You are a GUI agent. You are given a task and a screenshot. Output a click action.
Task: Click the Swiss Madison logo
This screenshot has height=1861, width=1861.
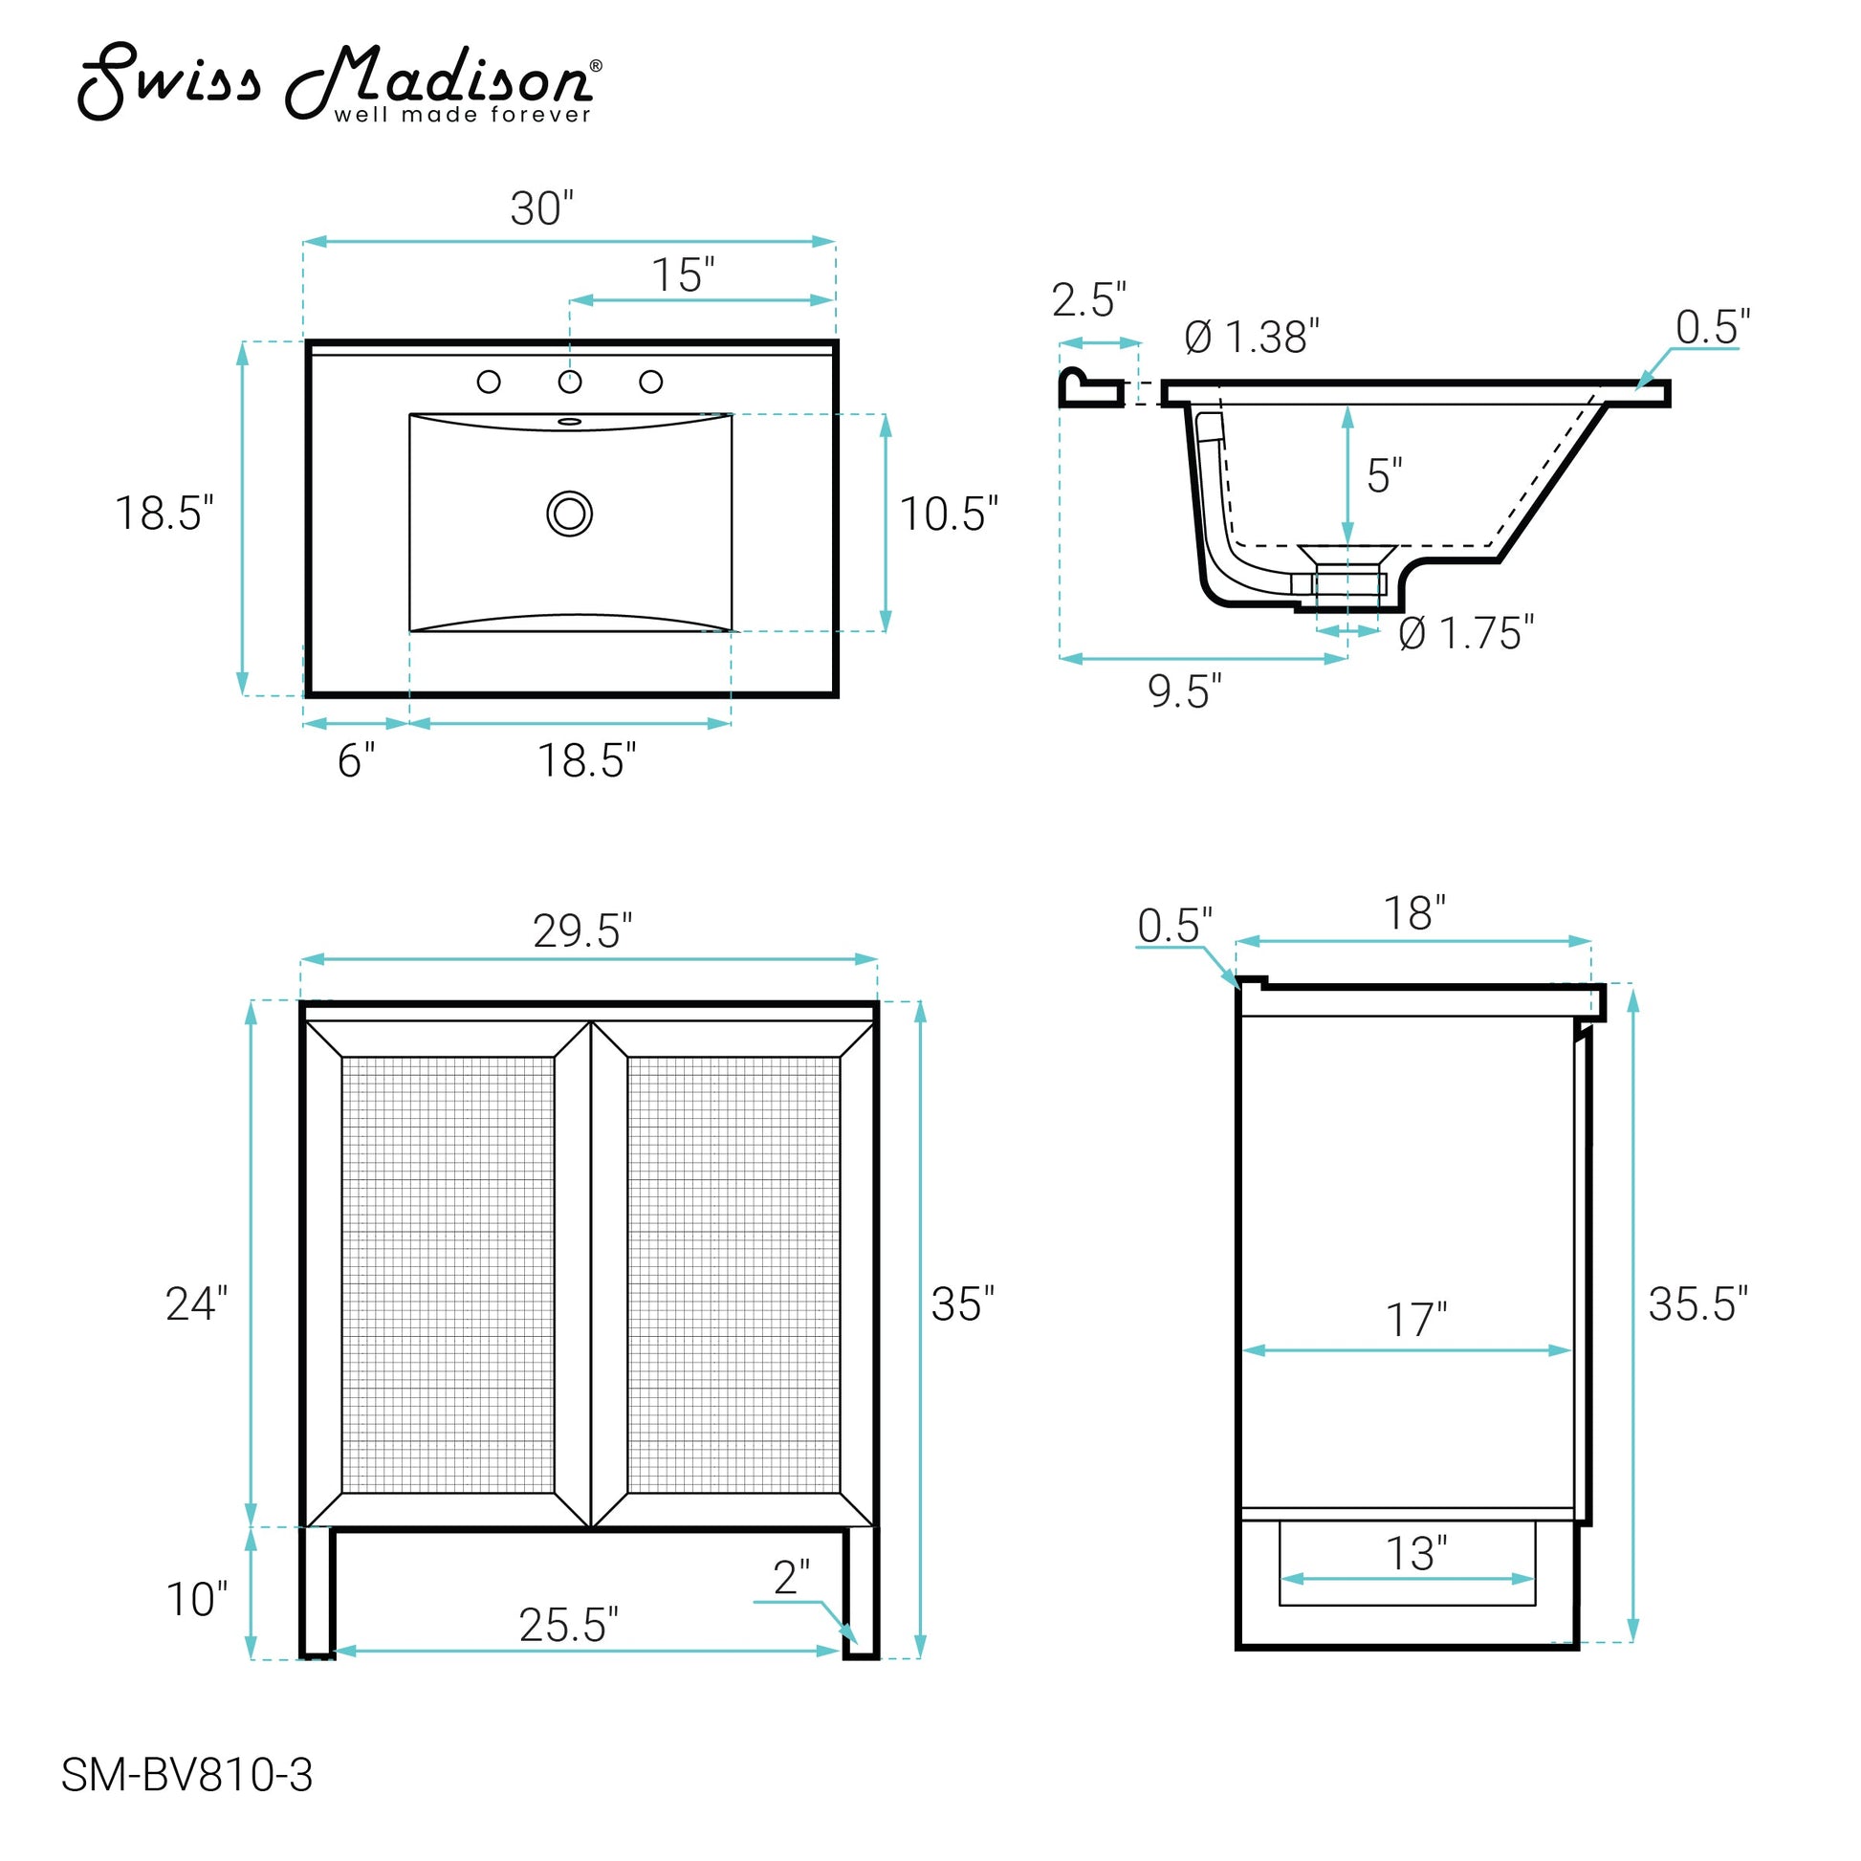(x=340, y=84)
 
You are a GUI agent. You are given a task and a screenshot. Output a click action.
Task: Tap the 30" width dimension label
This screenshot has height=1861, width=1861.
(x=541, y=208)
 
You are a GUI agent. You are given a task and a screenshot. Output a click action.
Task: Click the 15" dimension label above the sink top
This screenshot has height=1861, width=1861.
(x=683, y=275)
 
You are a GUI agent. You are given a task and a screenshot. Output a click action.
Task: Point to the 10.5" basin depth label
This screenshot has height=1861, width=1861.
(x=949, y=515)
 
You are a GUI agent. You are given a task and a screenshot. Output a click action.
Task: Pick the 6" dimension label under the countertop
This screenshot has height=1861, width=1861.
(x=357, y=761)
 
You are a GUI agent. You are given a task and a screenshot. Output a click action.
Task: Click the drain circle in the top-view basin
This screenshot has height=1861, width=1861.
(x=569, y=514)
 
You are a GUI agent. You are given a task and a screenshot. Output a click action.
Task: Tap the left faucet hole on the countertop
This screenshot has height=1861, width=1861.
(x=489, y=383)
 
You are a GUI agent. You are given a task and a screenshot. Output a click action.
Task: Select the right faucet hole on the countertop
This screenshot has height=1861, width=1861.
(x=651, y=383)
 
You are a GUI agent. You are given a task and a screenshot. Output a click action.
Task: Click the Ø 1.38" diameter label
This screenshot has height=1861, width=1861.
(x=1251, y=338)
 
